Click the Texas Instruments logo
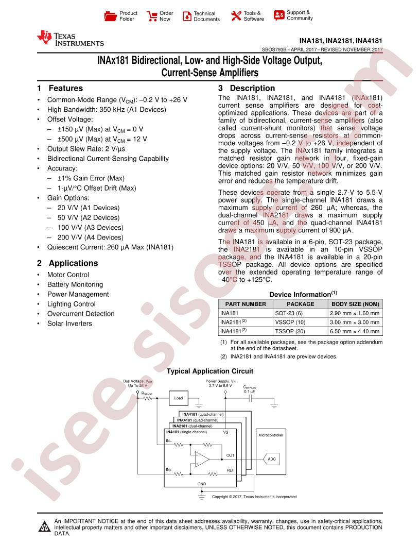70,39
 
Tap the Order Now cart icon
152,16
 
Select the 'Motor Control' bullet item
68,275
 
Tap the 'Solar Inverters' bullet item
69,324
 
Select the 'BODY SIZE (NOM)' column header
355,303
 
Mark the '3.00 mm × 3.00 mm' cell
355,322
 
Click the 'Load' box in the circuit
179,398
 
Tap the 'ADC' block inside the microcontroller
272,458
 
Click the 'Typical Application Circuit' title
210,371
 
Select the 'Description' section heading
252,88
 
